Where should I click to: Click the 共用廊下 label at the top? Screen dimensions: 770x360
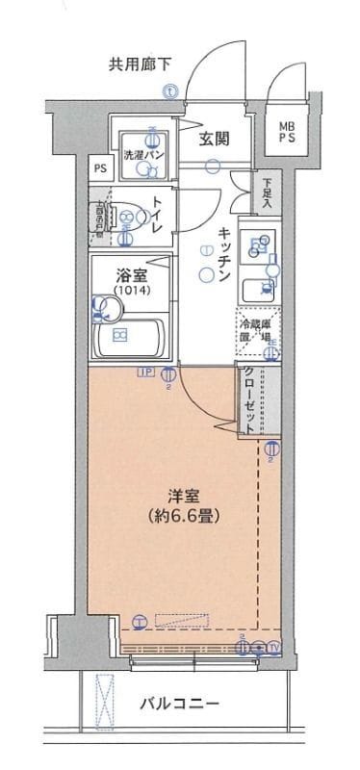tap(141, 65)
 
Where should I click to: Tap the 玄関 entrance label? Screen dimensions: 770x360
tap(214, 138)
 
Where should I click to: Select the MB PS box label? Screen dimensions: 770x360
tap(288, 133)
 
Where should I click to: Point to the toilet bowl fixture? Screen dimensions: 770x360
tap(128, 217)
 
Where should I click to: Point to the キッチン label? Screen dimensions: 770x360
tap(221, 254)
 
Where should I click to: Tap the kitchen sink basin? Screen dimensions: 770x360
tap(259, 287)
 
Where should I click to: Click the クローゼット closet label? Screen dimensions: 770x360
tap(249, 401)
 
